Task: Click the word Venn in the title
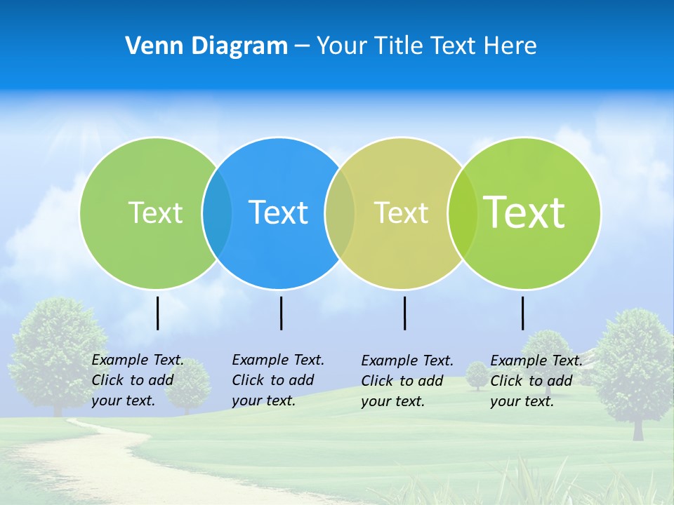coord(150,46)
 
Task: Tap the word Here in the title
coord(510,46)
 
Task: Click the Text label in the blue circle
coord(279,213)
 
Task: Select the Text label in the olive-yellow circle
coord(401,213)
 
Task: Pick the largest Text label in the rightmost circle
coord(524,212)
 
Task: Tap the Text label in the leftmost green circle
coord(155,213)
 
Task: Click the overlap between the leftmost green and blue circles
coord(217,213)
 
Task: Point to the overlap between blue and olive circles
coord(340,213)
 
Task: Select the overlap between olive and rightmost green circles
coord(462,213)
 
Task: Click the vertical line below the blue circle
coord(281,313)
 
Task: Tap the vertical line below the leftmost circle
coord(158,313)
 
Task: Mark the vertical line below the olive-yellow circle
coord(405,313)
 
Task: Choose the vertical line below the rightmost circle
coord(523,313)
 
